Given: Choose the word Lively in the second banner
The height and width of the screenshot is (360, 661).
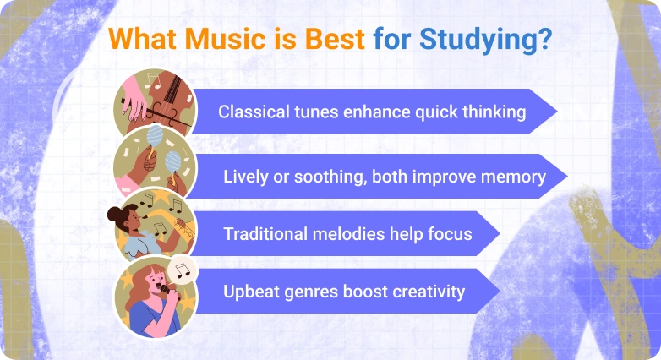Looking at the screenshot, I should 245,177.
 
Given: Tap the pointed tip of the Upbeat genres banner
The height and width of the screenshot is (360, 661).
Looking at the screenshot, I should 497,292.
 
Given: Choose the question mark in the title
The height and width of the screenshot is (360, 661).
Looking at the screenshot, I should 545,40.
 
